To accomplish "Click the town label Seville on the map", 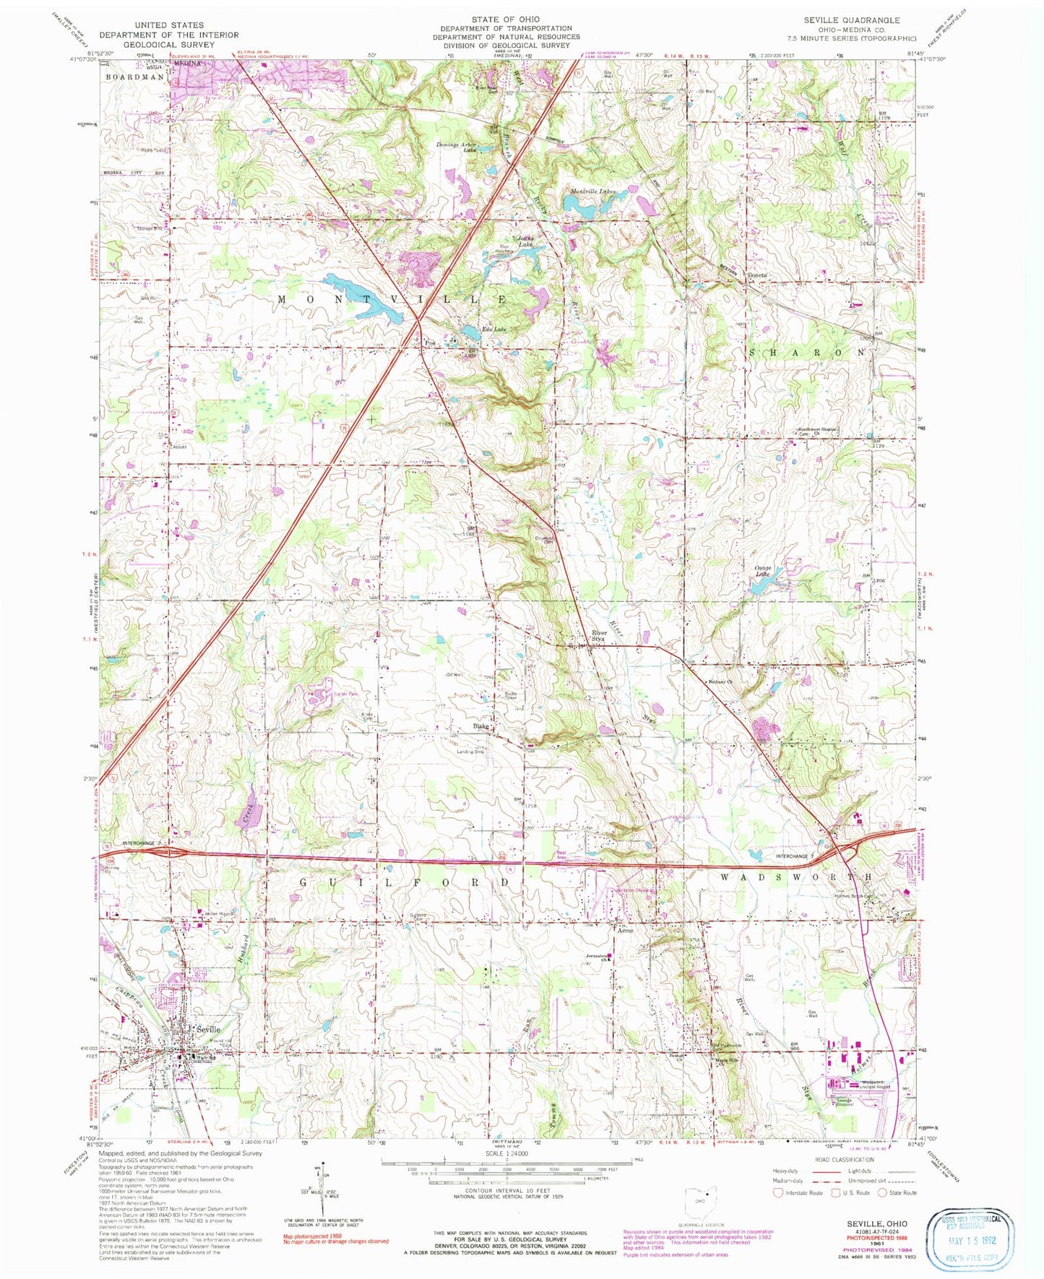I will [205, 1029].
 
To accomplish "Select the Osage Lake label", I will [764, 572].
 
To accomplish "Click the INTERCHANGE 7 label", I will [795, 856].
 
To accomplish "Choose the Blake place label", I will [480, 725].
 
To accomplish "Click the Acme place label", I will [624, 931].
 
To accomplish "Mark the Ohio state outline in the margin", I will [697, 1200].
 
